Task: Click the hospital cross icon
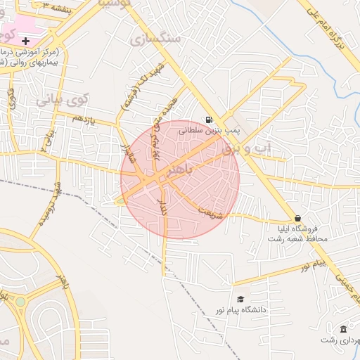pos(26,41)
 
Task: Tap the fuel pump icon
pos(209,120)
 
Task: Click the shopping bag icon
pos(298,218)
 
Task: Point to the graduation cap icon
pos(240,299)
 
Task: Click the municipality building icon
pos(342,329)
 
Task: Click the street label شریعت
pos(210,212)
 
